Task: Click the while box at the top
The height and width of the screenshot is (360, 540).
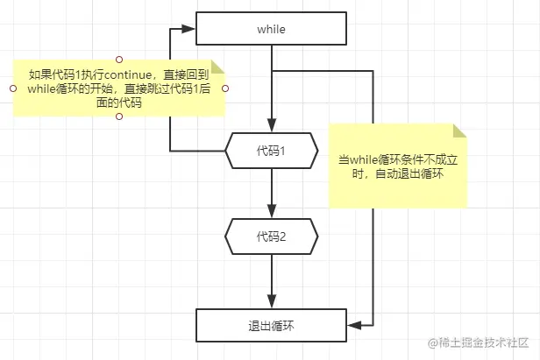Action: pyautogui.click(x=271, y=29)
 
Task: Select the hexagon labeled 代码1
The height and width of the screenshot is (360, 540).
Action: pyautogui.click(x=271, y=151)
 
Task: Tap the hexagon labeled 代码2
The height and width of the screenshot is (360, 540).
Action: pyautogui.click(x=271, y=236)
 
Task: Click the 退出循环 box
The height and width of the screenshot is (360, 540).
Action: pyautogui.click(x=271, y=325)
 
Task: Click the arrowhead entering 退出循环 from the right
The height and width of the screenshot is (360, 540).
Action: pyautogui.click(x=353, y=325)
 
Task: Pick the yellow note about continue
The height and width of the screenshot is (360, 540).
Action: pyautogui.click(x=118, y=88)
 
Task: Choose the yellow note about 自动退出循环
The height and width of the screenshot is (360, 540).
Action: pyautogui.click(x=398, y=166)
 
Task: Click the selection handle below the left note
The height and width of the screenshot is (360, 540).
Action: pyautogui.click(x=118, y=117)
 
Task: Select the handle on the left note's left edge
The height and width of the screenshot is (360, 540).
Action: pyautogui.click(x=11, y=88)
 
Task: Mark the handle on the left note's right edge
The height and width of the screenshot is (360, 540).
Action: pyautogui.click(x=225, y=88)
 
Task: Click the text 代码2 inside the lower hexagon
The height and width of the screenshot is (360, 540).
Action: pyautogui.click(x=271, y=236)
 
